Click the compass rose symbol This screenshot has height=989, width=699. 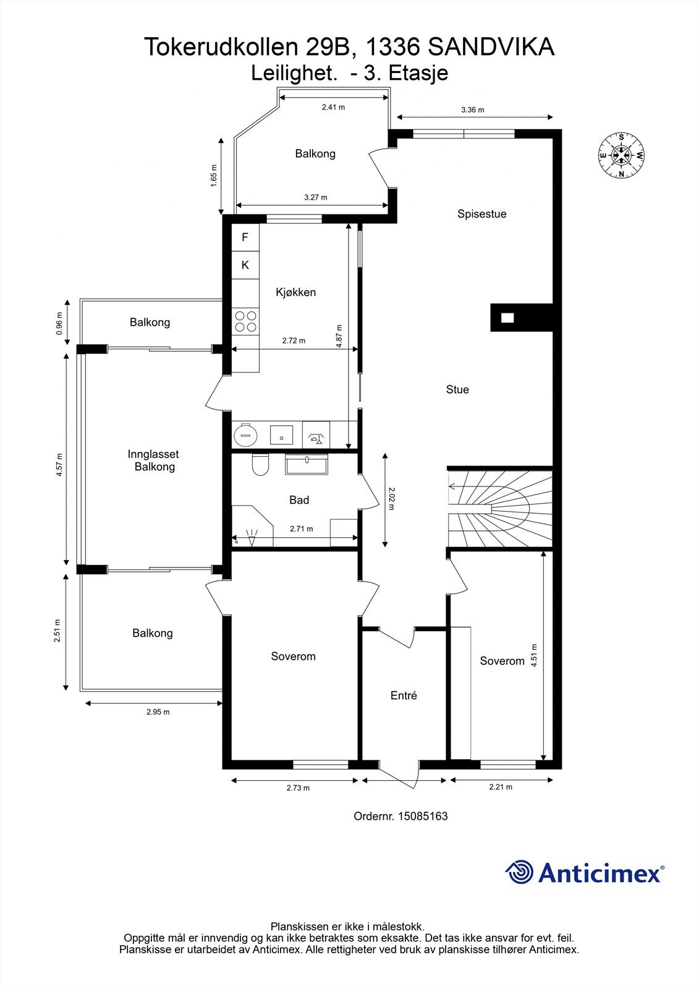(621, 155)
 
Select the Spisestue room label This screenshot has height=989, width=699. (481, 214)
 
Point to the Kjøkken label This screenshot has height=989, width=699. (296, 292)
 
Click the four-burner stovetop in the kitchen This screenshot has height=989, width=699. (245, 321)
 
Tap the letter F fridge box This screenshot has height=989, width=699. (245, 237)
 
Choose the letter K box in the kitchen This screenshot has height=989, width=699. (245, 265)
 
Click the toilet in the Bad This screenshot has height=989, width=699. (260, 464)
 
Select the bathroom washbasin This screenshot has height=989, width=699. (307, 464)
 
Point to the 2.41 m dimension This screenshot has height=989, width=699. (333, 107)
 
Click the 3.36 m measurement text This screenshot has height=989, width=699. (472, 110)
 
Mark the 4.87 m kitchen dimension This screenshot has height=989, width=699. (339, 336)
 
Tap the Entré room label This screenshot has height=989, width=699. (404, 695)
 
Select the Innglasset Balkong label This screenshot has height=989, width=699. (154, 460)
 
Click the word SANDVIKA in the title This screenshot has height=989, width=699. (491, 47)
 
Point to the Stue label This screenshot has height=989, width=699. (457, 389)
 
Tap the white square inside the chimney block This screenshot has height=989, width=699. (507, 318)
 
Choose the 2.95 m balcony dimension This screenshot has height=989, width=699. (158, 711)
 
